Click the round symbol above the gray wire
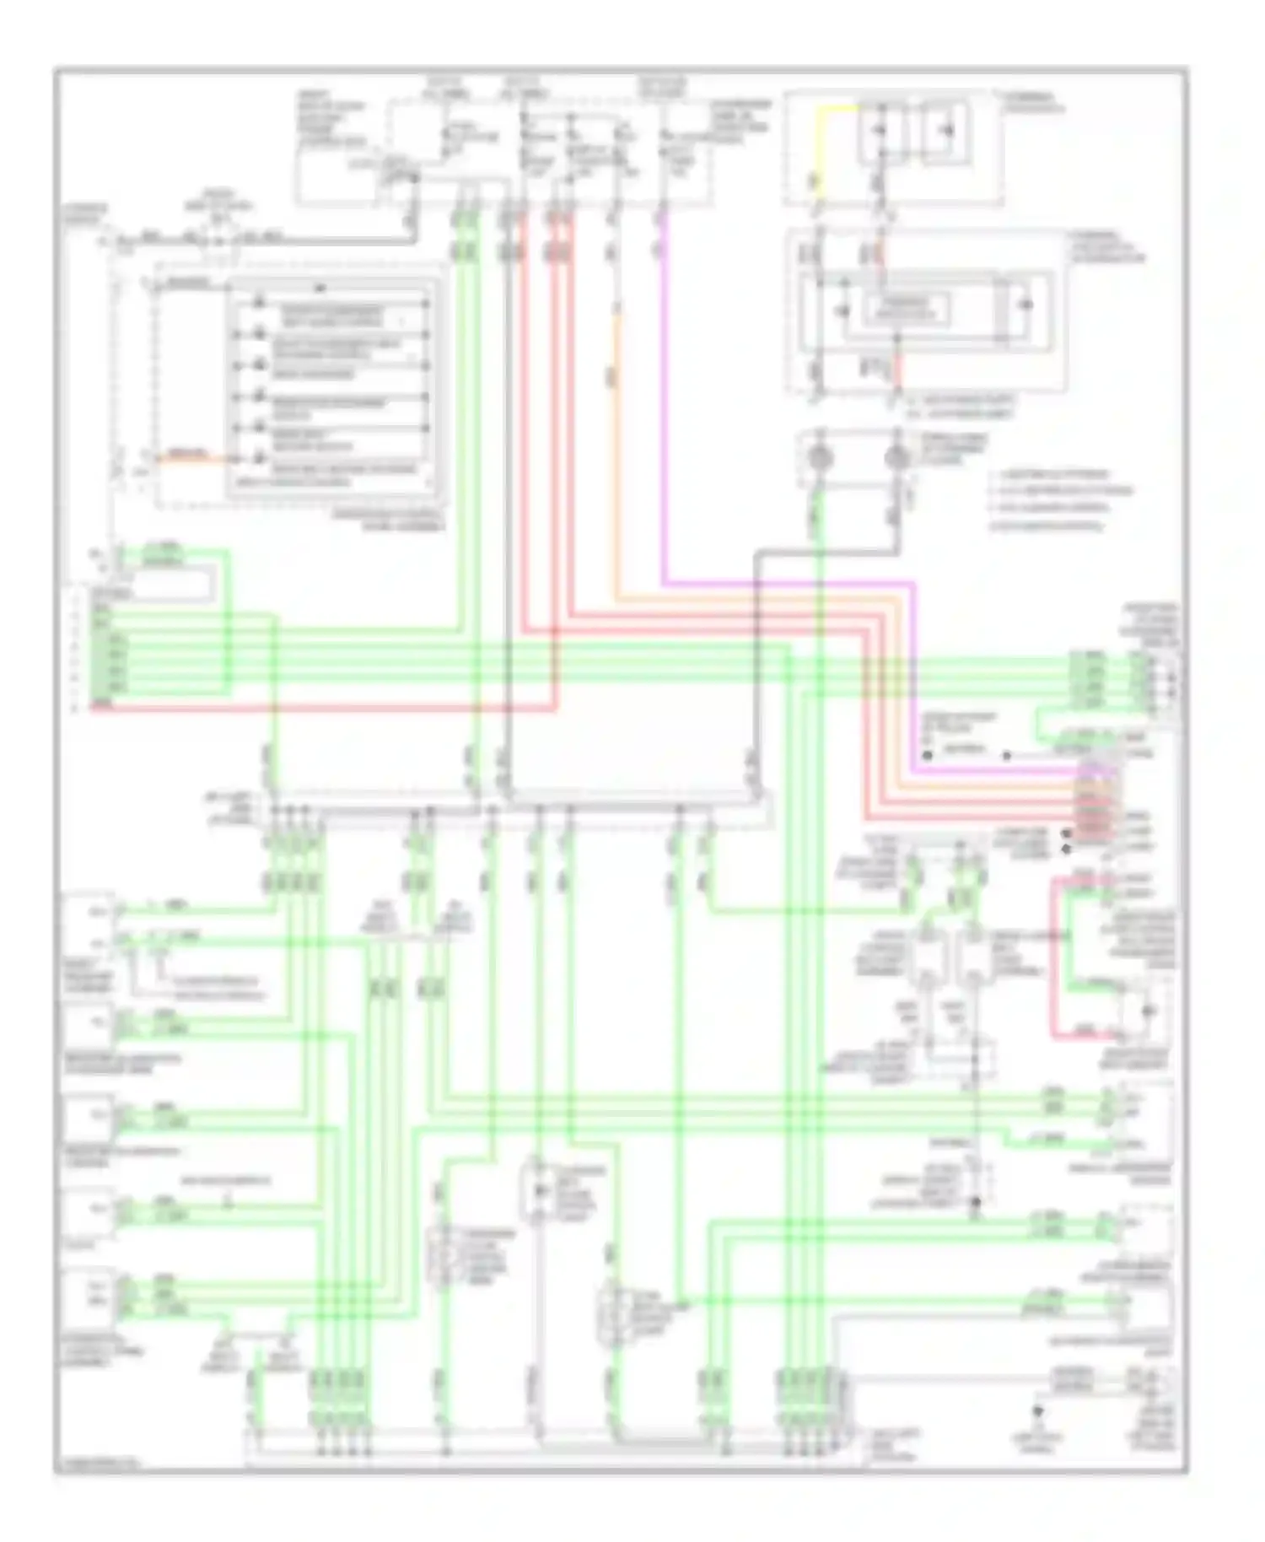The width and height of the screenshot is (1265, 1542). [896, 458]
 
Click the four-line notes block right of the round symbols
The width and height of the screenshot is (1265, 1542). [1058, 500]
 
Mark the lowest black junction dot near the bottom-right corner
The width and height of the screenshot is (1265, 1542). [1037, 1410]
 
